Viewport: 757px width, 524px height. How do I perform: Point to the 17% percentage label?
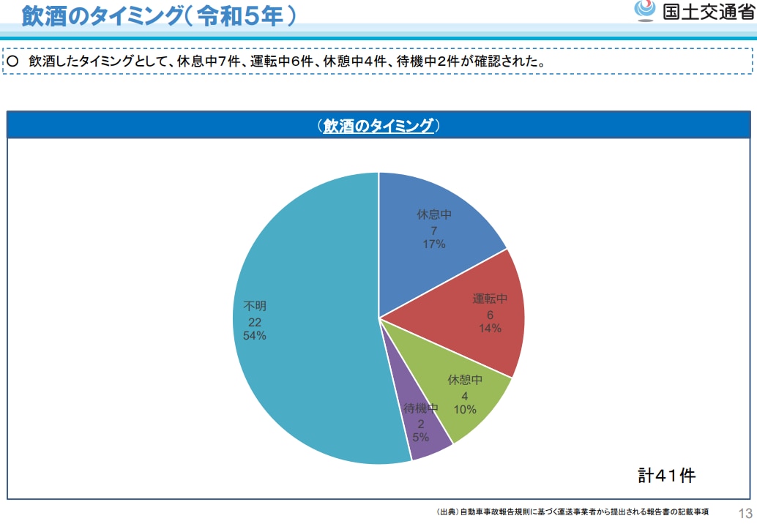coord(433,244)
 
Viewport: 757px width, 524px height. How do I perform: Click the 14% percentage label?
coord(490,329)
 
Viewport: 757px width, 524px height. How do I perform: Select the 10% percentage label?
coord(464,410)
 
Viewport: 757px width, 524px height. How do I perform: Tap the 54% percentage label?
coord(254,336)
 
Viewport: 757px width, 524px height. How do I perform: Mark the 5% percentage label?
coord(421,438)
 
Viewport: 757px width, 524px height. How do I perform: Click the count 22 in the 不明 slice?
coord(254,322)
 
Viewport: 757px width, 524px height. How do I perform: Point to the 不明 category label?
coord(254,306)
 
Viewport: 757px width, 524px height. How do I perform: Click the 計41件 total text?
coord(666,475)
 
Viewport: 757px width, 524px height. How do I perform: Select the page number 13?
coord(745,512)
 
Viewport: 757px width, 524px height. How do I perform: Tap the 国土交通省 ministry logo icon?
coord(644,12)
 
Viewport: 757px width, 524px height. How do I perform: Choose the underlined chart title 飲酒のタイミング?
coord(378,126)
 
